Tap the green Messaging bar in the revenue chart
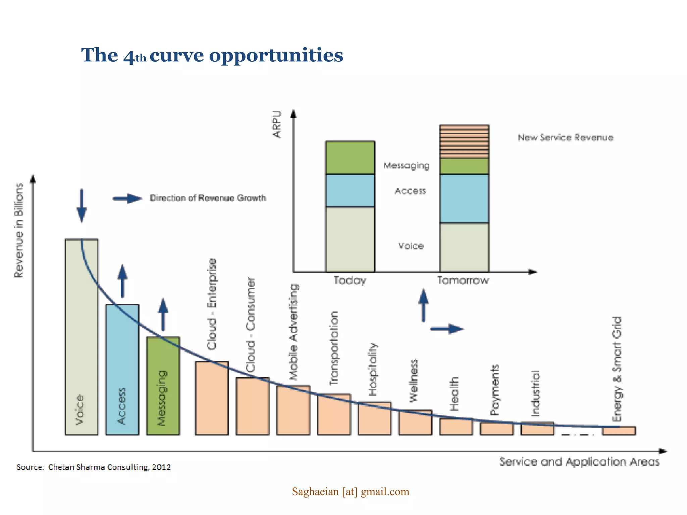pos(163,386)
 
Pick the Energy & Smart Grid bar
pos(619,431)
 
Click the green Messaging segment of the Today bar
pos(350,158)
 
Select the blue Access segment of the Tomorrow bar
pos(464,198)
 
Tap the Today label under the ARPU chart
pos(350,280)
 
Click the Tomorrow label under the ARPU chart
pos(463,280)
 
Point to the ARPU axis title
pos(277,124)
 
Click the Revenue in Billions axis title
pos(19,230)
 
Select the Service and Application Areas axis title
pos(579,462)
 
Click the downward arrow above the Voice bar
pos(82,205)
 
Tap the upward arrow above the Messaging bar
pos(163,314)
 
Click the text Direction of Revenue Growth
pos(208,198)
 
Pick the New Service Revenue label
pos(566,137)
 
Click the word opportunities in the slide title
pos(276,55)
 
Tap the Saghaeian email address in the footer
pos(351,492)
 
